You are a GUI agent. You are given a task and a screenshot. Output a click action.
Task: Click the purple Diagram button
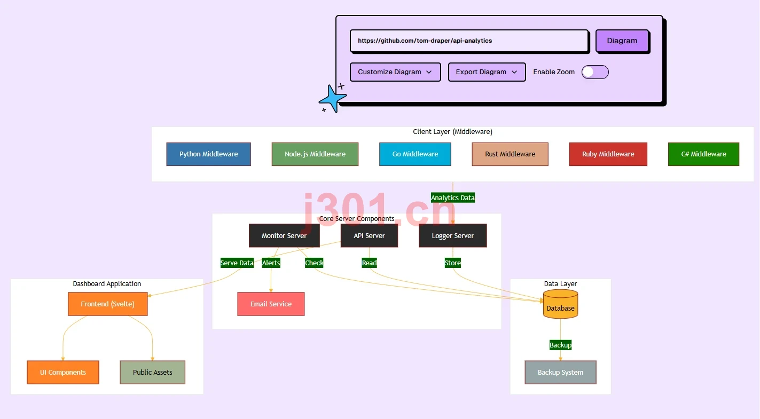622,41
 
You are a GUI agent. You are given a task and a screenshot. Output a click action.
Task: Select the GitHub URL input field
469,41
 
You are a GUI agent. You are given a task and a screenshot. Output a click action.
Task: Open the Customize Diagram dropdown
395,72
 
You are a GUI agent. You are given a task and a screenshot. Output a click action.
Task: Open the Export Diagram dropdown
487,72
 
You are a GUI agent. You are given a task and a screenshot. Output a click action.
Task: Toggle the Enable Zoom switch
595,72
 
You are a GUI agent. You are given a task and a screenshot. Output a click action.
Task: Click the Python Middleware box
209,154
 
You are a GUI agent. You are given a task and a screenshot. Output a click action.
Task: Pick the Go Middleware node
415,154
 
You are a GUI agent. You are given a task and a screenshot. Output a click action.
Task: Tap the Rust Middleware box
510,154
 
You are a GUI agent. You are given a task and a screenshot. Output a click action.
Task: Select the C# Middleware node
704,154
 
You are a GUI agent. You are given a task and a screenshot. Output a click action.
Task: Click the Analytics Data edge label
452,197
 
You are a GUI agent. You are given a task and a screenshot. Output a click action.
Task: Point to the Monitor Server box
284,235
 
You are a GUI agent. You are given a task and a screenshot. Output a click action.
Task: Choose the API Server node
369,235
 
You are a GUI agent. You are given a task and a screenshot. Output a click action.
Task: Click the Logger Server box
452,235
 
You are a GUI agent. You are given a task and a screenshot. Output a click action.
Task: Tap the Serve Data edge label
237,263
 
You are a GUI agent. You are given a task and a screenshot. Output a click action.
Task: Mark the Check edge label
314,263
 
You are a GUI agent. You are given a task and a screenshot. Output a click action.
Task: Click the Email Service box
271,304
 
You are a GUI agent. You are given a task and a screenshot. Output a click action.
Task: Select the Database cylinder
560,304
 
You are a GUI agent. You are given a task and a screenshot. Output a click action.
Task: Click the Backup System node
560,372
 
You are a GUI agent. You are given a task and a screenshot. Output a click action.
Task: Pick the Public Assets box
152,372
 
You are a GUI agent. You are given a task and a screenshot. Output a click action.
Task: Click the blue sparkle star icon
333,98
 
